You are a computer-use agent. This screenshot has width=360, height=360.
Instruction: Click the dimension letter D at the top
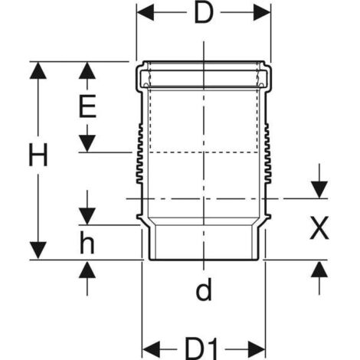(204, 13)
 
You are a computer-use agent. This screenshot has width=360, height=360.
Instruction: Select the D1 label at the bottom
(201, 349)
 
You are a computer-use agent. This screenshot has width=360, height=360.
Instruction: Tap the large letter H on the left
(38, 155)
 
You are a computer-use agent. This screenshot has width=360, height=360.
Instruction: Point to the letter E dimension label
(87, 106)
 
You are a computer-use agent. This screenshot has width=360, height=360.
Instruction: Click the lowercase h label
(87, 242)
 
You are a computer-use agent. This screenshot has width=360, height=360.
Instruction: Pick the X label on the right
(319, 228)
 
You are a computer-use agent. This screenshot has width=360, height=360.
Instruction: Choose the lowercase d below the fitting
(204, 290)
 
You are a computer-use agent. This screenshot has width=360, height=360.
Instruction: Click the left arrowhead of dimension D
(146, 12)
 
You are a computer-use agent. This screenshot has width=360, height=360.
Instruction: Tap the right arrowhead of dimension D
(262, 12)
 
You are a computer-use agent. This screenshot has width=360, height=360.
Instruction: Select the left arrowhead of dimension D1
(151, 349)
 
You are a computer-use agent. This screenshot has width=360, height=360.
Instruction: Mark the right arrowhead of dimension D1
(257, 349)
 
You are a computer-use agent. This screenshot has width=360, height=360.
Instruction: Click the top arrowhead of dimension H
(38, 70)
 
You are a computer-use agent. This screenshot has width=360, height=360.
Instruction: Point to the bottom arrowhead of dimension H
(38, 250)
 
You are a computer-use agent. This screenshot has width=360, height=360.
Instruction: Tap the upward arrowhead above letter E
(87, 70)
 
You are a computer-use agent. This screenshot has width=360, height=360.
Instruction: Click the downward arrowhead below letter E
(87, 143)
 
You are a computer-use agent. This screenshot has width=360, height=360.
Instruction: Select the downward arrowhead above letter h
(87, 217)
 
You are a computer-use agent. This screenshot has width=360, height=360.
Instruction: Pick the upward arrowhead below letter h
(87, 270)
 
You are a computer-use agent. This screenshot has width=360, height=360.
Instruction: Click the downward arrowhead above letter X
(319, 190)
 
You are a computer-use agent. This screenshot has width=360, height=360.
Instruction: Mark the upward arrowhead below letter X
(319, 270)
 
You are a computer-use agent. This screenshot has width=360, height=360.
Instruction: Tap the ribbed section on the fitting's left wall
(139, 153)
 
